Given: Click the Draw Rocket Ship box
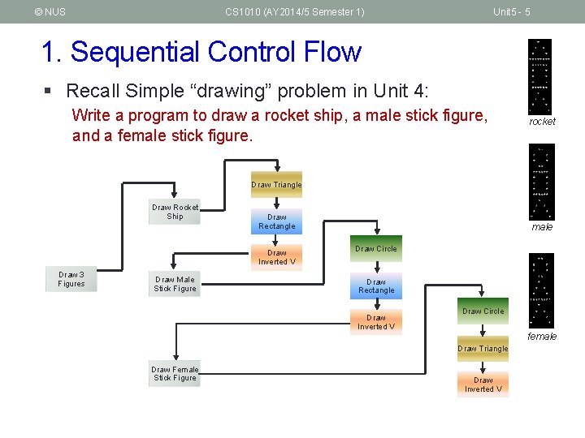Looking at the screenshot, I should click(x=175, y=213).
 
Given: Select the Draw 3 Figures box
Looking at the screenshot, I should click(x=71, y=279).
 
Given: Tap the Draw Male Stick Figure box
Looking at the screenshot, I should click(x=175, y=284).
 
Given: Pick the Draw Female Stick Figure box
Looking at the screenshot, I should click(x=175, y=374).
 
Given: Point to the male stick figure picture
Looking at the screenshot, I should click(x=541, y=182).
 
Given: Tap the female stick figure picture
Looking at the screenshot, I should click(x=541, y=290).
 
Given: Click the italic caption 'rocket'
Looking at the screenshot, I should click(x=542, y=122).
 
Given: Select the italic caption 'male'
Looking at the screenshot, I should click(x=542, y=227).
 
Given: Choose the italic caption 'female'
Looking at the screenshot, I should click(x=542, y=336).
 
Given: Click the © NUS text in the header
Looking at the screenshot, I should click(x=50, y=11).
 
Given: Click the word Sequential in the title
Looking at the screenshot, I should click(x=136, y=52).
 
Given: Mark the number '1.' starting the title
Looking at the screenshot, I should click(x=52, y=52).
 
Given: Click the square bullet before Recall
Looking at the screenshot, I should click(x=52, y=91).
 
